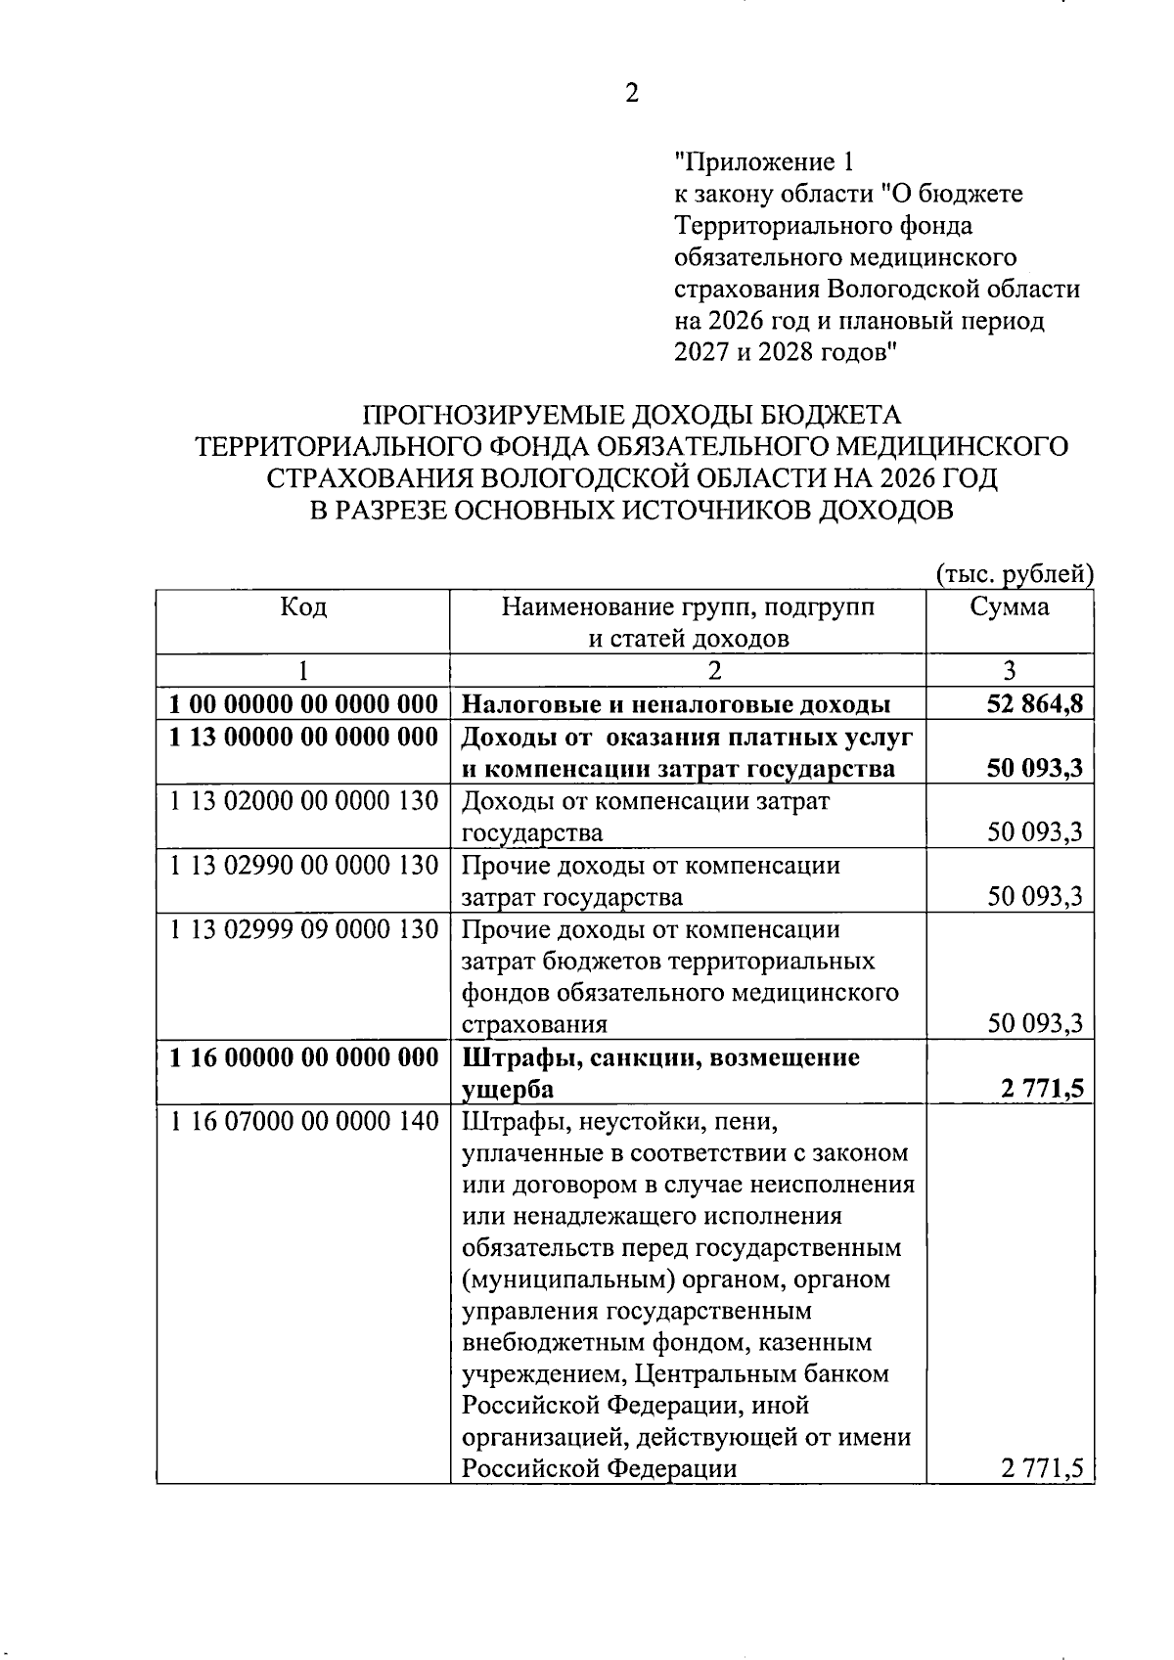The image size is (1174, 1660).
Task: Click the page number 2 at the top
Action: click(631, 94)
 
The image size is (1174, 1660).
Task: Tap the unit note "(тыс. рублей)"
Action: click(1015, 574)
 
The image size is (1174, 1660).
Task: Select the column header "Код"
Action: click(303, 607)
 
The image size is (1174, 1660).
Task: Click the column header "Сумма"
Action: click(1010, 607)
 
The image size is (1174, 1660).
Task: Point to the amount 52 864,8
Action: click(1035, 705)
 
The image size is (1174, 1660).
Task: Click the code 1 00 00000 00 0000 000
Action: click(303, 705)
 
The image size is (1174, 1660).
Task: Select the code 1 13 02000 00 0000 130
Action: click(303, 802)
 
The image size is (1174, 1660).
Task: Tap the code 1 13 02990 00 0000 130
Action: click(303, 867)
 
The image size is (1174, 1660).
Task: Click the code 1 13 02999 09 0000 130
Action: click(303, 929)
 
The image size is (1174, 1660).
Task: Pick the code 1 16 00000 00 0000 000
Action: click(303, 1058)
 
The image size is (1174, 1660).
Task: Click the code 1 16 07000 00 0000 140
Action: click(303, 1122)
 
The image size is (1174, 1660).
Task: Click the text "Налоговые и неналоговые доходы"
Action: click(675, 705)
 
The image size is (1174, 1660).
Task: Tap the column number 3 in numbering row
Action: click(1010, 671)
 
